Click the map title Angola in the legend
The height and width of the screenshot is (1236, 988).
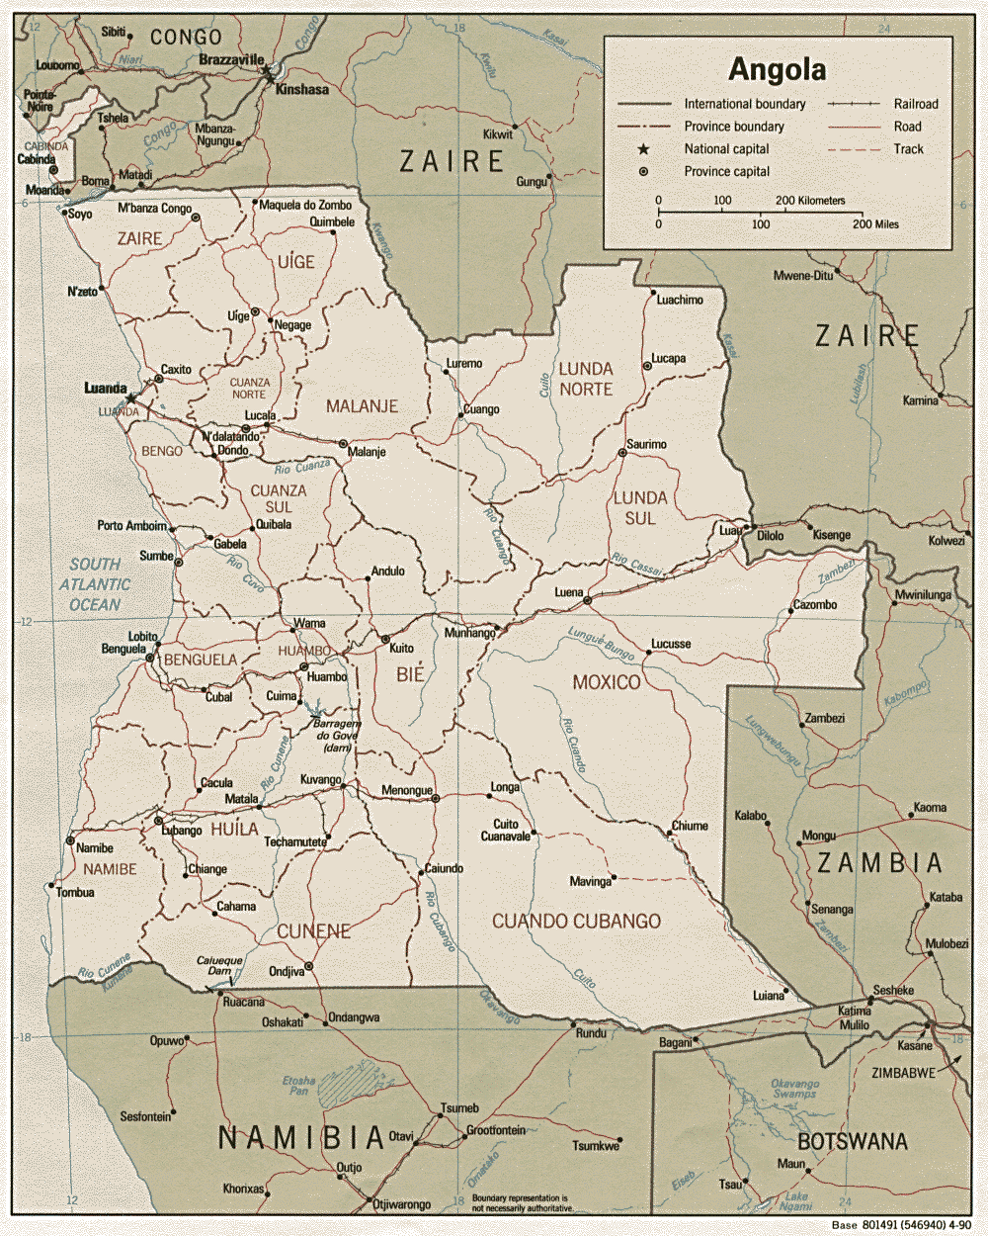click(777, 70)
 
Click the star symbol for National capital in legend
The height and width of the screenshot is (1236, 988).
click(643, 149)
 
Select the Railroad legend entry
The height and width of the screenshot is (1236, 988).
click(915, 104)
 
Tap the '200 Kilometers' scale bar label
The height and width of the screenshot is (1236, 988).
click(810, 201)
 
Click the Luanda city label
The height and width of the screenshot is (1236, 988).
click(105, 389)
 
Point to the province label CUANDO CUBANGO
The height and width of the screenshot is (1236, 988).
click(576, 922)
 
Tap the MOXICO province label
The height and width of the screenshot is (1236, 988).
click(607, 682)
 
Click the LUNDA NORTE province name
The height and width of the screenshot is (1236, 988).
click(586, 379)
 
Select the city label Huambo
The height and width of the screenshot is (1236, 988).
click(327, 677)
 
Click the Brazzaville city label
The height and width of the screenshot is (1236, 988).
click(231, 60)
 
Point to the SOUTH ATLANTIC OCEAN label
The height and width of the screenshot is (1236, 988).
click(94, 584)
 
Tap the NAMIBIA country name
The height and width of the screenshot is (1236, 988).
click(301, 1138)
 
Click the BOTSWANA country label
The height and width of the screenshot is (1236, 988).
click(852, 1142)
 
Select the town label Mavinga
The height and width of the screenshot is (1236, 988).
click(590, 881)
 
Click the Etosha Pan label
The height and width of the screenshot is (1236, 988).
click(298, 1086)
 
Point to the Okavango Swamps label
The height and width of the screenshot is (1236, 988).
click(794, 1089)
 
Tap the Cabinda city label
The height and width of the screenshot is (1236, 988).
click(37, 159)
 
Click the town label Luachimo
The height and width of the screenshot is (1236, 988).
click(680, 300)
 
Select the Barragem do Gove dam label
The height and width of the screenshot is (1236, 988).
click(338, 736)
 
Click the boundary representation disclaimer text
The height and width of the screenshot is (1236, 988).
click(522, 1203)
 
